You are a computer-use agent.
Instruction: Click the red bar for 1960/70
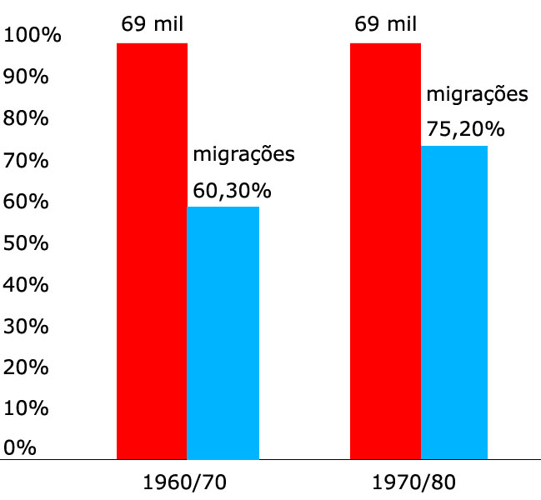[x=152, y=250]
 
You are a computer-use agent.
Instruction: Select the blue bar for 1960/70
[x=223, y=332]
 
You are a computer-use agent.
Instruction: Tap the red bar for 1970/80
[x=385, y=250]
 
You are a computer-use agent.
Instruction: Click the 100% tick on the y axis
[x=32, y=36]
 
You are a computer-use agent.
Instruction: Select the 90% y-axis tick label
[x=27, y=77]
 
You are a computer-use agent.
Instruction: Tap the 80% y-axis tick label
[x=27, y=118]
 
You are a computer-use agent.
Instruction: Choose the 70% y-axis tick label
[x=27, y=160]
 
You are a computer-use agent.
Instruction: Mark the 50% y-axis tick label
[x=27, y=242]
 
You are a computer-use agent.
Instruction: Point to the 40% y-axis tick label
[x=27, y=283]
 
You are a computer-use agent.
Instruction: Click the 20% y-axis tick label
[x=27, y=366]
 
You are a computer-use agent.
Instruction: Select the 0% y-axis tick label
[x=21, y=447]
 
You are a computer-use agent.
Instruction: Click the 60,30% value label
[x=232, y=191]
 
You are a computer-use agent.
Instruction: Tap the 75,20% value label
[x=465, y=129]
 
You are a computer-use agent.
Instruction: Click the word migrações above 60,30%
[x=244, y=155]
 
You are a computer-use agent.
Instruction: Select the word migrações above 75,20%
[x=477, y=94]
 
